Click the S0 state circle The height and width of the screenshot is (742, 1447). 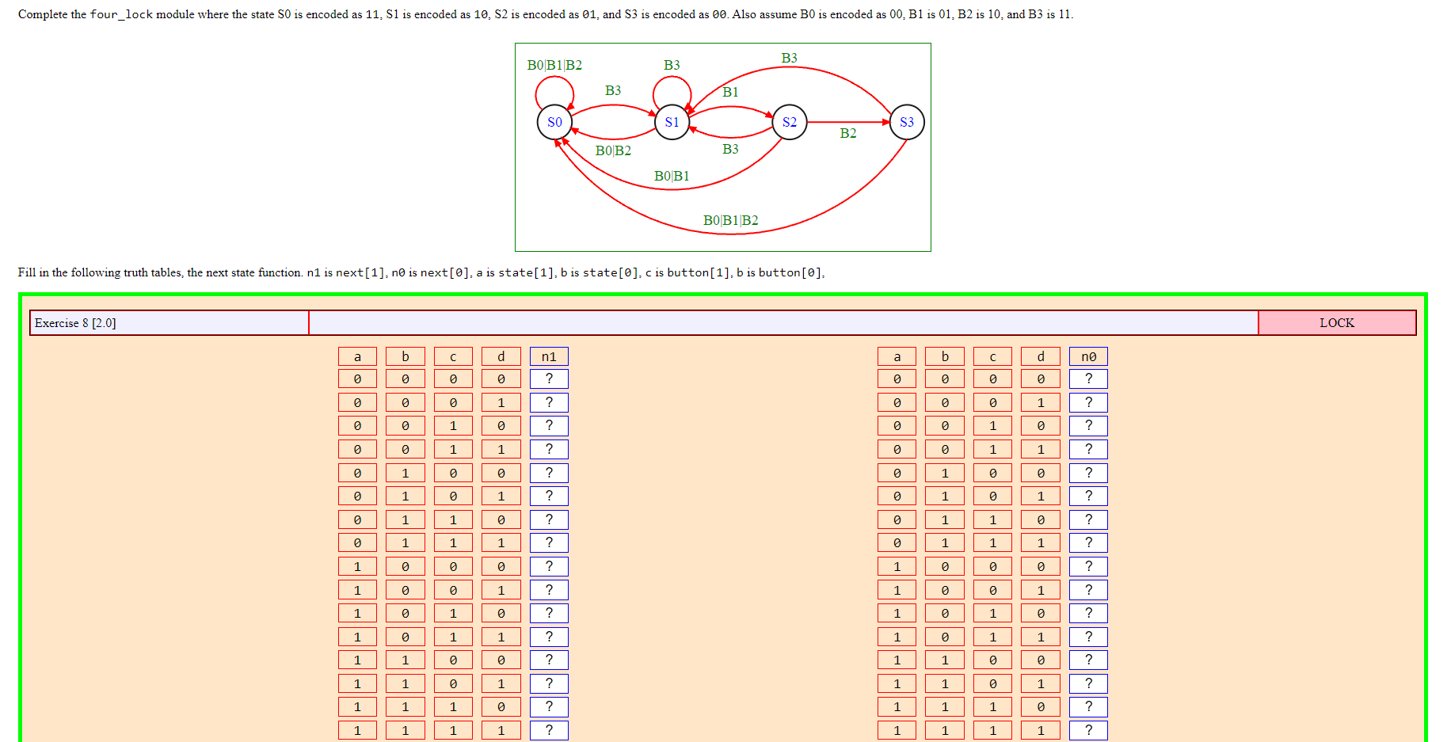pyautogui.click(x=554, y=122)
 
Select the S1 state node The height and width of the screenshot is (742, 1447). pyautogui.click(x=672, y=122)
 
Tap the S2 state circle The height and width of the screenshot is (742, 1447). pyautogui.click(x=789, y=122)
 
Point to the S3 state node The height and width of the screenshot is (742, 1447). pyautogui.click(x=906, y=122)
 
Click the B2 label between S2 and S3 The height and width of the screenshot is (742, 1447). pyautogui.click(x=847, y=133)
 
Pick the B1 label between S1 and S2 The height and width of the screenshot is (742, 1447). pyautogui.click(x=730, y=92)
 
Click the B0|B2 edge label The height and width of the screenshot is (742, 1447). pyautogui.click(x=613, y=150)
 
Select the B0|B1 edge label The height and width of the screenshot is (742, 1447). pyautogui.click(x=672, y=176)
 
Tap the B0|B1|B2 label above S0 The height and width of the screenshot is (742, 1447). pyautogui.click(x=554, y=65)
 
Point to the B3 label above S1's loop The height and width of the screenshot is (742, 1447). pyautogui.click(x=672, y=65)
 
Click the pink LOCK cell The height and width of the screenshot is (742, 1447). pyautogui.click(x=1336, y=323)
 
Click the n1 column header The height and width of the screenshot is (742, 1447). pyautogui.click(x=549, y=356)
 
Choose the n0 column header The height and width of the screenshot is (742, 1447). pyautogui.click(x=1088, y=356)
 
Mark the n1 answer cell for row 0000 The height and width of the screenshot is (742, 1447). pyautogui.click(x=549, y=379)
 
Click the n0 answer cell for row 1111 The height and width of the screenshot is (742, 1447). pyautogui.click(x=1088, y=730)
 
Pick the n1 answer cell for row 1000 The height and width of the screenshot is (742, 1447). pyautogui.click(x=549, y=566)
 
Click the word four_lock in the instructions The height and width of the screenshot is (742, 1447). pyautogui.click(x=121, y=14)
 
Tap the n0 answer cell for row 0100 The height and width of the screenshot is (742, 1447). pyautogui.click(x=1088, y=473)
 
